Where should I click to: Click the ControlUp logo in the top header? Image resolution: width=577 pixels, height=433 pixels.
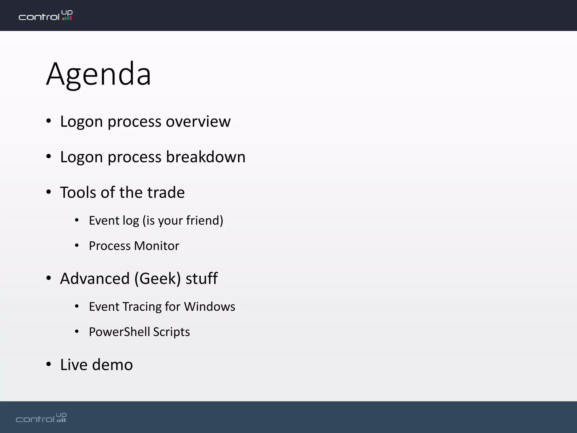tap(46, 16)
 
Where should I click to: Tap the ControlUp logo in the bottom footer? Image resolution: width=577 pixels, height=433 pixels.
tap(41, 418)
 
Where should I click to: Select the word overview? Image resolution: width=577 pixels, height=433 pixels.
tap(198, 121)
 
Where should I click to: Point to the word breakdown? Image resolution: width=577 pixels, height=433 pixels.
tap(206, 157)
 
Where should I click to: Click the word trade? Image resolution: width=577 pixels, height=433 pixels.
tap(166, 193)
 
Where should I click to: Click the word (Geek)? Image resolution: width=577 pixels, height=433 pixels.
tap(157, 279)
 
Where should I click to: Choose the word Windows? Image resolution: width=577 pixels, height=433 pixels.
tap(210, 307)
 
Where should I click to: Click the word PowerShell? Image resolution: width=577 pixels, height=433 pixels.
tap(119, 332)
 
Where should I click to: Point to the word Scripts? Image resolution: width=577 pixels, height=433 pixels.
tap(172, 332)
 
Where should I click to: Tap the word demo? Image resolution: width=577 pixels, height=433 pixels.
tap(112, 365)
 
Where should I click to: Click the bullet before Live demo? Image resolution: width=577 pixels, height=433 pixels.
tap(49, 364)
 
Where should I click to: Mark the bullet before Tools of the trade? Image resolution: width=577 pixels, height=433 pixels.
tap(49, 192)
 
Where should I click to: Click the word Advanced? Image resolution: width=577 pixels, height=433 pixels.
tap(95, 279)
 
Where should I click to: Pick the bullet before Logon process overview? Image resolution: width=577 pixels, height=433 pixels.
tap(49, 121)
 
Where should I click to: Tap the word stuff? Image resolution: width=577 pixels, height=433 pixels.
tap(201, 279)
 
